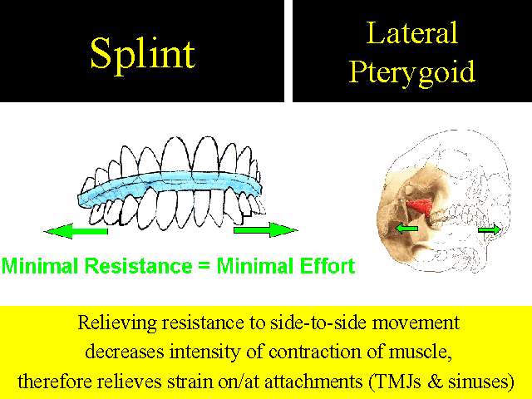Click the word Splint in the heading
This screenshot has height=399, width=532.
tap(142, 55)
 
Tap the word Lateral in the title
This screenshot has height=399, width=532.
tap(412, 33)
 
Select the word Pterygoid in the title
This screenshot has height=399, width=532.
tap(412, 72)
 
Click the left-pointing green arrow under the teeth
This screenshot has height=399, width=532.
tap(76, 231)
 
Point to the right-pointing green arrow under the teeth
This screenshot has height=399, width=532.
tap(266, 229)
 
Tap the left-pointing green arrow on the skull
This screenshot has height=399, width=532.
tap(406, 229)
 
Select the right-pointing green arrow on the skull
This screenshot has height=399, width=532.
tap(490, 229)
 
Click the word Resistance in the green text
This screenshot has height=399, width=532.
tap(139, 266)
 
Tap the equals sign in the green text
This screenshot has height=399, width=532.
tap(204, 266)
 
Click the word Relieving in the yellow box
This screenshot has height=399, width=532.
tap(117, 323)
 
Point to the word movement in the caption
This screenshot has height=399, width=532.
tap(416, 323)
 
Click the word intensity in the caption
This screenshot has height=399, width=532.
tap(205, 352)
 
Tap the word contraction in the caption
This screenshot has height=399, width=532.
tap(314, 352)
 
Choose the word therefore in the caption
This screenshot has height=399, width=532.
tap(55, 382)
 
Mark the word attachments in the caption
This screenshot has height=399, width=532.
tap(313, 382)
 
